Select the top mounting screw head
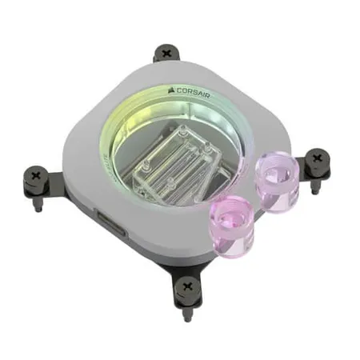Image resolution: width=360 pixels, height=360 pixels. [166, 54]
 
